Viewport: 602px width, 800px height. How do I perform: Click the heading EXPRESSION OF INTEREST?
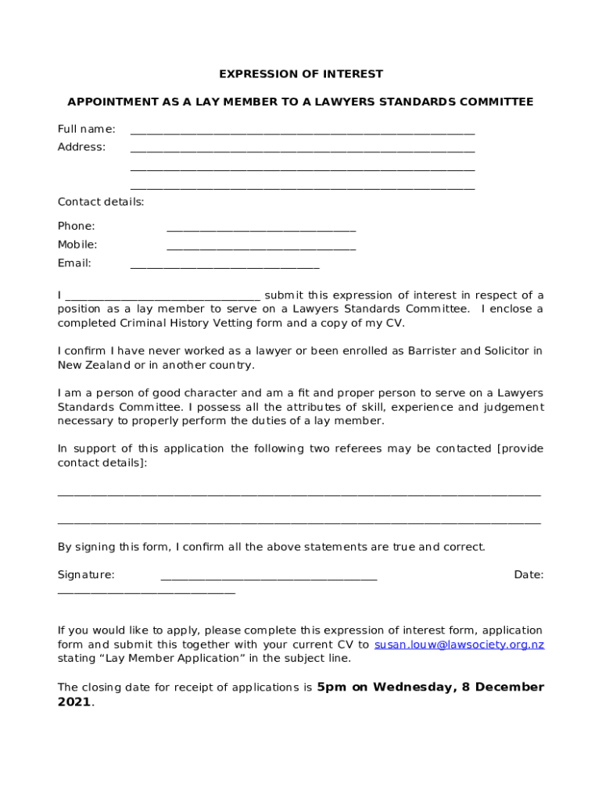301,74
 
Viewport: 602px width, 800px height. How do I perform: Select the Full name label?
86,129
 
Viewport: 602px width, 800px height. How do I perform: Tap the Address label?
81,147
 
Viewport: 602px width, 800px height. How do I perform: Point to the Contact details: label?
101,202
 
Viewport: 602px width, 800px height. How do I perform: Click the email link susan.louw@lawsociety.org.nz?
459,645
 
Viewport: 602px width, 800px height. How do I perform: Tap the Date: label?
529,575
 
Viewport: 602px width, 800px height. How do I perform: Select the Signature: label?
86,575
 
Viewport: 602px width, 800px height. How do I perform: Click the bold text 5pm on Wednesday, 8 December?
430,687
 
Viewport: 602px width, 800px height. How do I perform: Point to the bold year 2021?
74,702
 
